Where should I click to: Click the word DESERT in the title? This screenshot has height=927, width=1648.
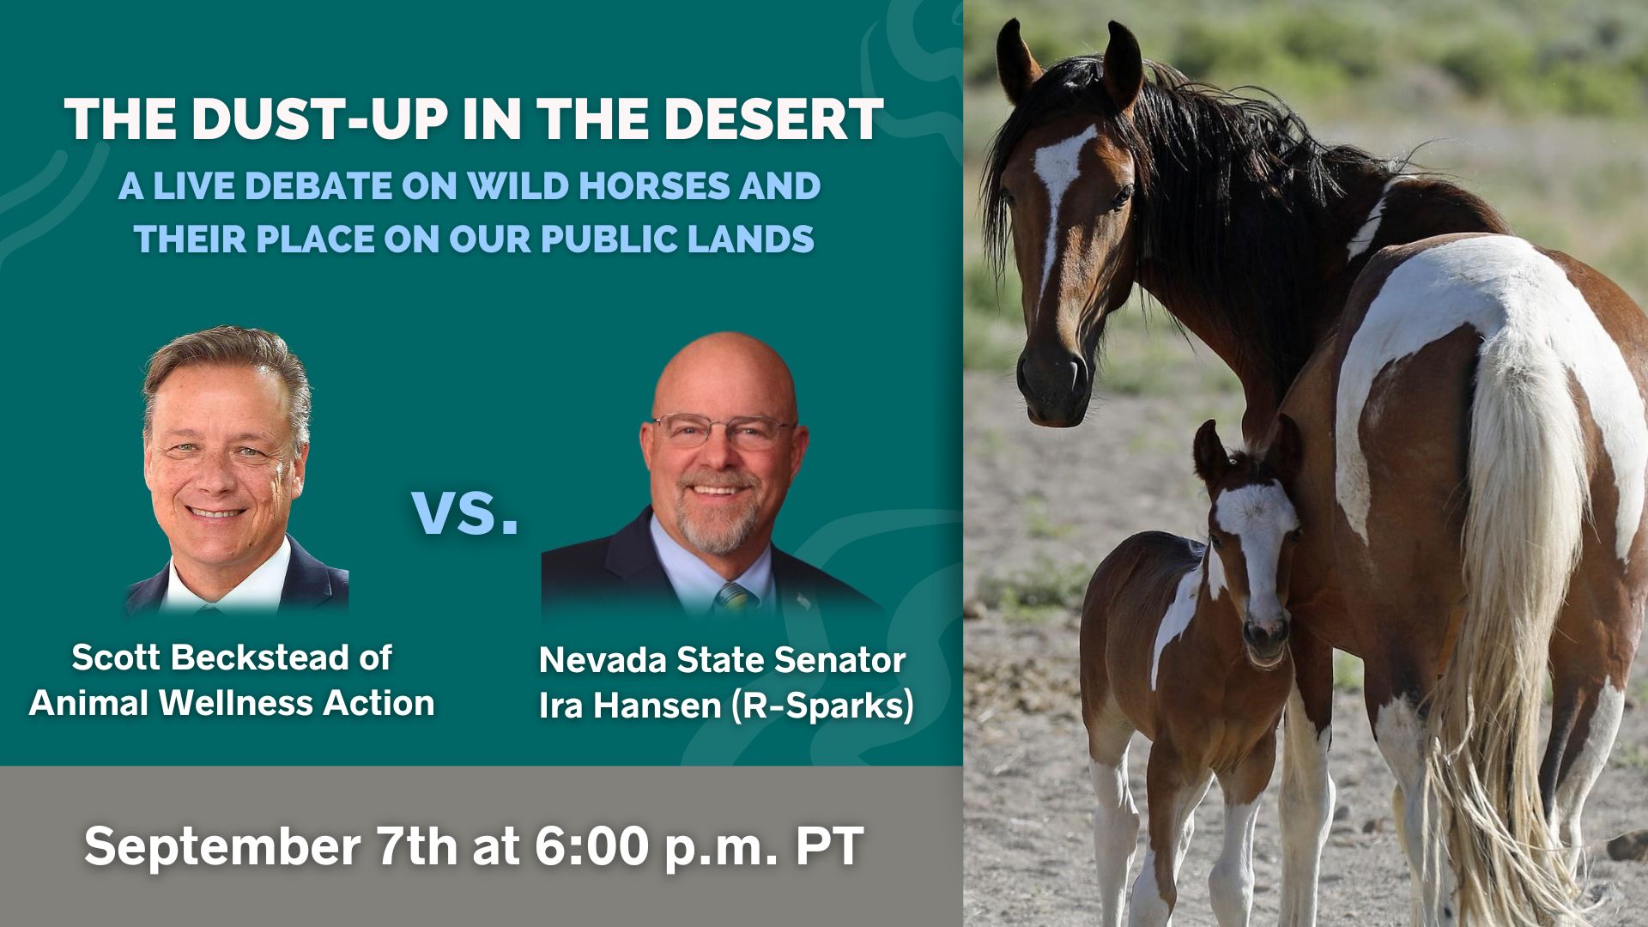coord(772,118)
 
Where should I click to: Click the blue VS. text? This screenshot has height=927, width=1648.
coord(466,512)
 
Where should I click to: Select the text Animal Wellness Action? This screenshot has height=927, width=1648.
coord(232,703)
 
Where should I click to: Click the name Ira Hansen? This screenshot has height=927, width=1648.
coord(629,706)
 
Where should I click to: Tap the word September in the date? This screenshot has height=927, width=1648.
coord(222,847)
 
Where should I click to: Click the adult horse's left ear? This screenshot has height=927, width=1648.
coord(1123,64)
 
